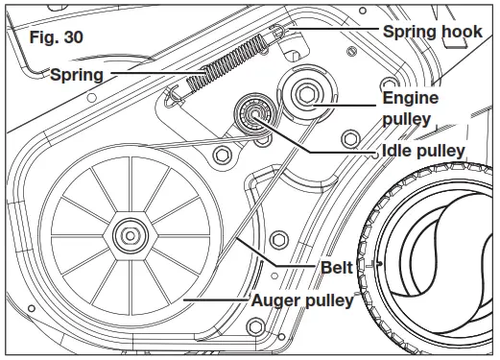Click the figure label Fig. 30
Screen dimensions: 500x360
(x=57, y=37)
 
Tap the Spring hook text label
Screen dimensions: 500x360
(x=433, y=32)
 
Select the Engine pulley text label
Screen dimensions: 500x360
(x=411, y=108)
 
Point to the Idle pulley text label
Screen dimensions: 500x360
(x=423, y=151)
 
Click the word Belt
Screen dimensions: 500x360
(x=337, y=267)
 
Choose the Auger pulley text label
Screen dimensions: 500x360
(x=302, y=300)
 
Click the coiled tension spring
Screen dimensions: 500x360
(x=227, y=62)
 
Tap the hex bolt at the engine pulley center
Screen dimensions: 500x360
(x=306, y=94)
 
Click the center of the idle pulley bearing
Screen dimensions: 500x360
(x=254, y=113)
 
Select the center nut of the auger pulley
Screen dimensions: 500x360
(x=131, y=236)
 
